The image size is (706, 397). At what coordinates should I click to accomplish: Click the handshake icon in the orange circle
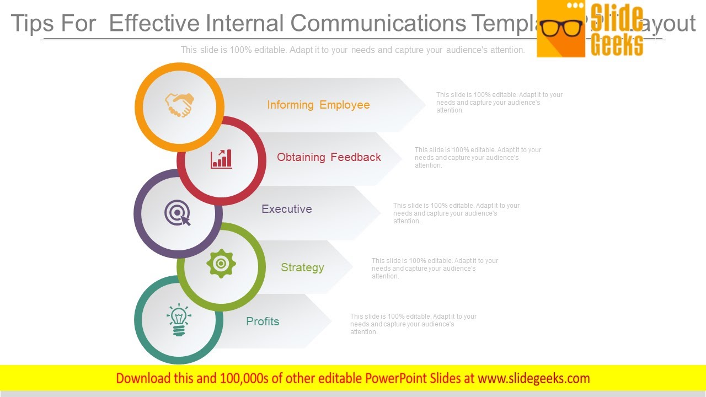pos(180,105)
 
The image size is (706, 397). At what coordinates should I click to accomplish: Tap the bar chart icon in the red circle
pos(221,159)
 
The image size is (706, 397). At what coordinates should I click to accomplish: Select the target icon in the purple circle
pos(178,213)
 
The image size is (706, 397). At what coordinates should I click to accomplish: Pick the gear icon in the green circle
pos(221,264)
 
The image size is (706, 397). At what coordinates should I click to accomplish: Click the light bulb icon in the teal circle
pos(179,320)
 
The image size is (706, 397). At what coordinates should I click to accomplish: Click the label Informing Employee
pos(318,105)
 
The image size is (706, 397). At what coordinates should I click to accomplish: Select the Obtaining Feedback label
pos(329,157)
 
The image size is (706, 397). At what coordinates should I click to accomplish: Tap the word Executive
pos(286,209)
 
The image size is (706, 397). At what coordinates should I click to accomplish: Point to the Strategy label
pos(302,267)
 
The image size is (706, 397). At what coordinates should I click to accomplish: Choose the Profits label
pos(263,321)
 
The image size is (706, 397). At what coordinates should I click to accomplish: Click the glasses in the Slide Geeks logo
pos(561,28)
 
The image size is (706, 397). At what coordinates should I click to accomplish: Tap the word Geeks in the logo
pos(616,45)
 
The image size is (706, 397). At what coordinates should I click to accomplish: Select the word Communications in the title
pos(378,24)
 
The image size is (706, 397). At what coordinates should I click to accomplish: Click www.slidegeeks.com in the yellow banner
pos(533,378)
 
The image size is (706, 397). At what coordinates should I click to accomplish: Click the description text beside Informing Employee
pos(499,103)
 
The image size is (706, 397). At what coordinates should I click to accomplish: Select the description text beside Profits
pos(413,324)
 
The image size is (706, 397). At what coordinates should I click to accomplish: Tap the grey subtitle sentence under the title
pos(353,50)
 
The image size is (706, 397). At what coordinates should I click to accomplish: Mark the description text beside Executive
pos(456,213)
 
